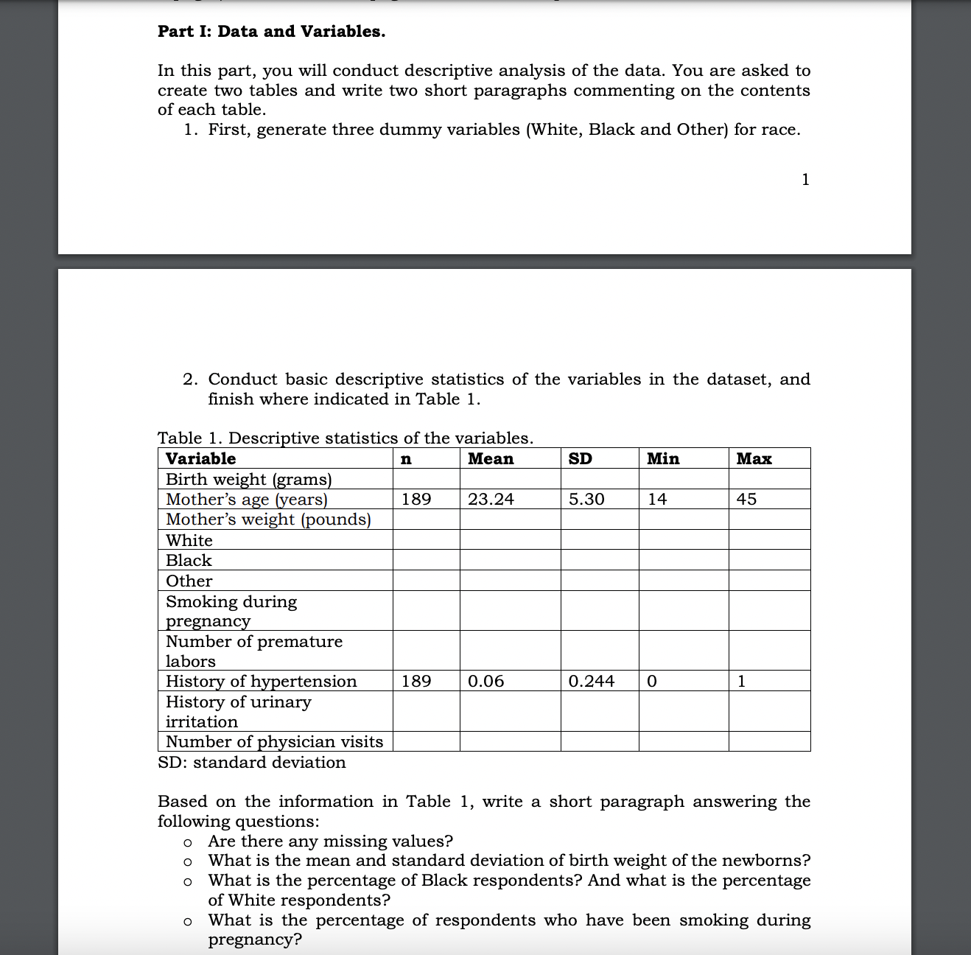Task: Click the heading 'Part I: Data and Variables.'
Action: click(x=271, y=32)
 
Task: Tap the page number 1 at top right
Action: click(x=805, y=180)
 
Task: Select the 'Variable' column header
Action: click(x=200, y=459)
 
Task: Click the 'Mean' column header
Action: click(x=491, y=459)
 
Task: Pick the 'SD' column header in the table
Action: click(x=581, y=459)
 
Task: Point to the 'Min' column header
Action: click(x=663, y=459)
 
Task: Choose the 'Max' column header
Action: click(x=754, y=459)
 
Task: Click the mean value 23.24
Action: click(x=491, y=500)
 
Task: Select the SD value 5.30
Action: click(x=586, y=500)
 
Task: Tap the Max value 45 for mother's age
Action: click(x=746, y=500)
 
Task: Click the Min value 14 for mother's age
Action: click(x=657, y=500)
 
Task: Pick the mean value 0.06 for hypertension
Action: click(x=486, y=682)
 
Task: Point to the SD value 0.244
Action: click(x=592, y=682)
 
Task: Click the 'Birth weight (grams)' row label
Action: click(x=249, y=480)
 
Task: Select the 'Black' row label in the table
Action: click(x=189, y=561)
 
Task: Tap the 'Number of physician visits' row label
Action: click(x=274, y=742)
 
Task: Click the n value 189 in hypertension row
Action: click(x=416, y=682)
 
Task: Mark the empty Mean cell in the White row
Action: click(x=510, y=540)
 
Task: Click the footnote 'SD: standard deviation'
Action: click(x=252, y=763)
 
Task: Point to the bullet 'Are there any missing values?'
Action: click(x=330, y=842)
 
